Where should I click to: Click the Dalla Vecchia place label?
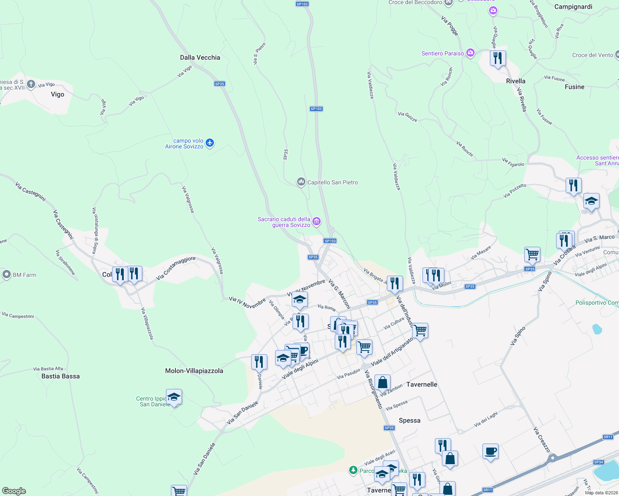coord(200,57)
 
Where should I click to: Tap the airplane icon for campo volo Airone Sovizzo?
coord(210,143)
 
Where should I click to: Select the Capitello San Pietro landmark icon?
coord(301,182)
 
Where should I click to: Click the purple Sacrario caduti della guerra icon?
coord(317,222)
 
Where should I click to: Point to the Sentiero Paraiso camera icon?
coord(470,53)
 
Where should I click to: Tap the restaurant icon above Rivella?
coord(498,58)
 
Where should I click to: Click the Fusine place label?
coord(574,87)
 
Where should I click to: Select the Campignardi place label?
coord(573,7)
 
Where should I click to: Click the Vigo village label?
coord(58,94)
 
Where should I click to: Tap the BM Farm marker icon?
coord(6,274)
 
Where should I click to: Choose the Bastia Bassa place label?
coord(60,376)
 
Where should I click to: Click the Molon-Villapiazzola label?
coord(194,371)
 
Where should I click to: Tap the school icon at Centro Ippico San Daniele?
coord(174,397)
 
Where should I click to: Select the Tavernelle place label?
coord(422,384)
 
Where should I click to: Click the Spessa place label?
coord(409,420)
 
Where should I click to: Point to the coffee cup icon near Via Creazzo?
coord(490,451)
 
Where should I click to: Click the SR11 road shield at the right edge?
coord(607,437)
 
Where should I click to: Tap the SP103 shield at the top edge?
coord(302,4)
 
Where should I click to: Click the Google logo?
coord(14,491)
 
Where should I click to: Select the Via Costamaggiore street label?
coord(176,268)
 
